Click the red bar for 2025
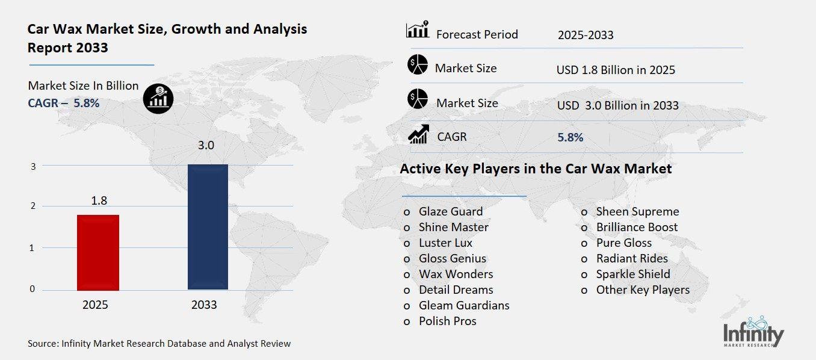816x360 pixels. click(x=99, y=252)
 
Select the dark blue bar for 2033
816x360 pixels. click(x=208, y=226)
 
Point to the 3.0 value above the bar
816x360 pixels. click(x=207, y=146)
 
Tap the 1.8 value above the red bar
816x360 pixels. click(x=99, y=200)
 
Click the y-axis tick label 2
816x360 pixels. click(x=32, y=206)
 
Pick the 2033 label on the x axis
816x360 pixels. click(x=204, y=305)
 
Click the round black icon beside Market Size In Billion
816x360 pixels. click(x=158, y=97)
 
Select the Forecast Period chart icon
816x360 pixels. click(x=418, y=30)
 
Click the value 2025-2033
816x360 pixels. click(x=586, y=35)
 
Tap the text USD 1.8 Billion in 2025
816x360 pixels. click(x=616, y=70)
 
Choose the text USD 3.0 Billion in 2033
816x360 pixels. click(x=617, y=105)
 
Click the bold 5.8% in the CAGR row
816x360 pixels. click(x=570, y=137)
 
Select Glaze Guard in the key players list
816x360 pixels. click(x=451, y=211)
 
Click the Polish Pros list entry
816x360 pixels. click(x=447, y=321)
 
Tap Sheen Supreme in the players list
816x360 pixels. click(x=637, y=211)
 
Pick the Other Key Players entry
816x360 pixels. click(x=643, y=290)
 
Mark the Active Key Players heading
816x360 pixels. click(x=536, y=169)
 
